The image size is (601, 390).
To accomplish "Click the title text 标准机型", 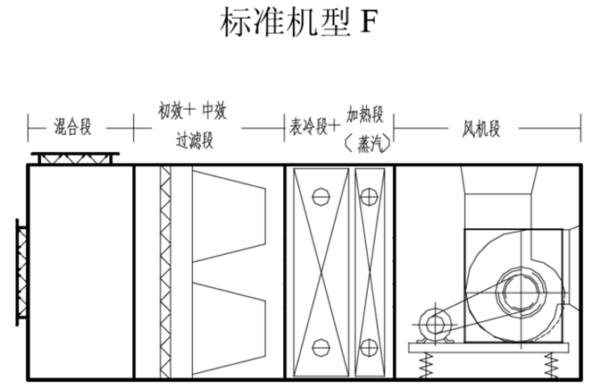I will coord(284,23).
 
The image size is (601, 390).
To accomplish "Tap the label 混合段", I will coord(73,126).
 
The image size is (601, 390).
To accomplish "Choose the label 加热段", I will coord(364,114).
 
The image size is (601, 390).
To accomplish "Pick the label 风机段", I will coord(480,126).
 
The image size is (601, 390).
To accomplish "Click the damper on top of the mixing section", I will coord(75,158).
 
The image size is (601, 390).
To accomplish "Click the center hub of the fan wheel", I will coord(518,292).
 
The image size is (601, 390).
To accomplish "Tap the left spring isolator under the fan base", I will coord(426,363).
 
